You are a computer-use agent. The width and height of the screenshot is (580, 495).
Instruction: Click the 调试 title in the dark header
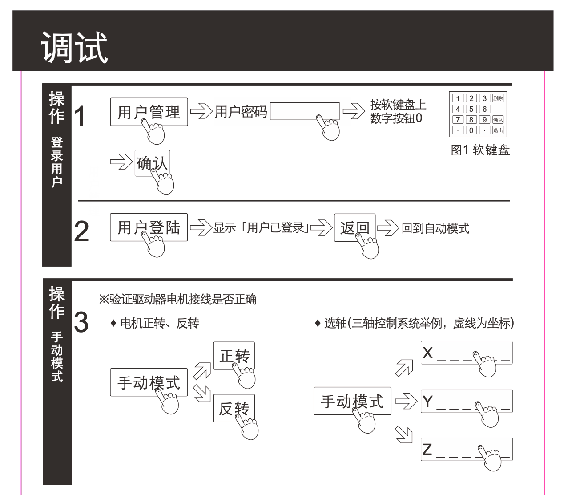point(75,47)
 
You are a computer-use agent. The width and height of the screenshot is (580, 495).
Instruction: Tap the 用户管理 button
point(149,112)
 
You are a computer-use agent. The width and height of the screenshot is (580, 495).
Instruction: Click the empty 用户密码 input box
point(304,111)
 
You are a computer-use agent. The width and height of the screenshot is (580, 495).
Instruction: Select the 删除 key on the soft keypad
point(498,99)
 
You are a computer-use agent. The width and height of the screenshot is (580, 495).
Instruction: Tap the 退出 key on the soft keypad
point(498,130)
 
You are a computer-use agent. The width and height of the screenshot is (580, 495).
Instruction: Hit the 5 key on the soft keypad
point(471,110)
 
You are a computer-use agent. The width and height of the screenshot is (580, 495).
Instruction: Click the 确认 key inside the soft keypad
point(498,120)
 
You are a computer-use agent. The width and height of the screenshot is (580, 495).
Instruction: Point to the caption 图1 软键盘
point(480,150)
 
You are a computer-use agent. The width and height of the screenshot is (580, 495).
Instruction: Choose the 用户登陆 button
point(149,227)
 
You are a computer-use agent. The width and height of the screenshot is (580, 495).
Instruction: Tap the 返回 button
point(354,227)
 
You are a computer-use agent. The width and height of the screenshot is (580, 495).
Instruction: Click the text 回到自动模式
point(435,228)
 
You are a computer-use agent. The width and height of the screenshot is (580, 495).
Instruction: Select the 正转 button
point(234,355)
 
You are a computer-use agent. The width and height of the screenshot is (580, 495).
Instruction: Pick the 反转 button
point(234,408)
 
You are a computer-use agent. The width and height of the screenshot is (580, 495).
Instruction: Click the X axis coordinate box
point(467,353)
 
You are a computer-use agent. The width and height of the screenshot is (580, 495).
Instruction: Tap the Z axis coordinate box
point(467,449)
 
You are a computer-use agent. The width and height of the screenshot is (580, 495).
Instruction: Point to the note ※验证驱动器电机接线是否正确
point(177,299)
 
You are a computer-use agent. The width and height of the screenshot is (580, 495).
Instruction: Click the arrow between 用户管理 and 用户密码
point(201,112)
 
